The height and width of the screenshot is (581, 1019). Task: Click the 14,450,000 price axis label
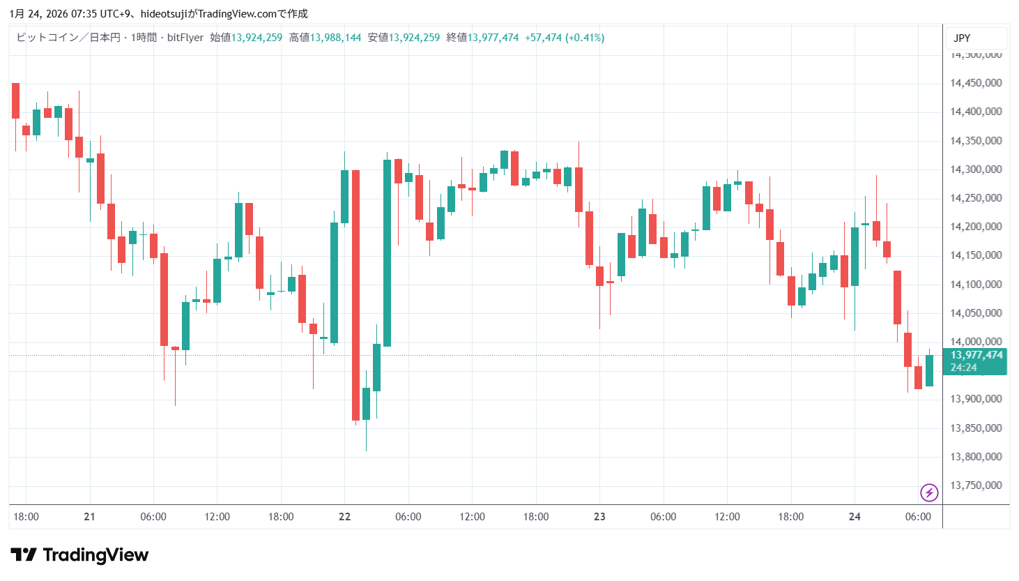coord(976,83)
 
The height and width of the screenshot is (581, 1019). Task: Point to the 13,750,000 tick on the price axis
coord(976,485)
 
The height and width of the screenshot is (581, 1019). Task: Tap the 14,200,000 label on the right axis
coord(976,227)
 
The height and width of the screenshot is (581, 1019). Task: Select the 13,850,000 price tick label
coord(976,428)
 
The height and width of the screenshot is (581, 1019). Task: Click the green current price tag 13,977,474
coord(976,355)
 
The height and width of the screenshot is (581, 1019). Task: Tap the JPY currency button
coord(962,38)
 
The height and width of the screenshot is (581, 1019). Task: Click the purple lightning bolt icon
coord(929,493)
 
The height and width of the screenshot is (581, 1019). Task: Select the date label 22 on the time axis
coord(344,517)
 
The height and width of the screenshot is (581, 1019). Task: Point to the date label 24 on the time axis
coord(855,517)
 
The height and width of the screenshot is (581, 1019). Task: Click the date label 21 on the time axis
coord(89,517)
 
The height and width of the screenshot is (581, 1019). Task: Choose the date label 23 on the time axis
coord(599,517)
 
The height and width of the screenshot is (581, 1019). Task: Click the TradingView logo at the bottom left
coord(79,555)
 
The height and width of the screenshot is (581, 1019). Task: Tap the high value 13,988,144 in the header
coord(335,38)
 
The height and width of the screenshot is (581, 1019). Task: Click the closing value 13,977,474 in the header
coord(493,38)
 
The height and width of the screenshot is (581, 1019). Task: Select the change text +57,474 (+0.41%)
coord(565,38)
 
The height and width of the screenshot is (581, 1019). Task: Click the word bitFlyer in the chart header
coord(185,38)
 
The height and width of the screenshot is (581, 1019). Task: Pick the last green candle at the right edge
coord(929,370)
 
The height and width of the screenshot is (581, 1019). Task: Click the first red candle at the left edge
coord(15,101)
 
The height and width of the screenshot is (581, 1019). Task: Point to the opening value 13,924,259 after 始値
coord(256,38)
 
